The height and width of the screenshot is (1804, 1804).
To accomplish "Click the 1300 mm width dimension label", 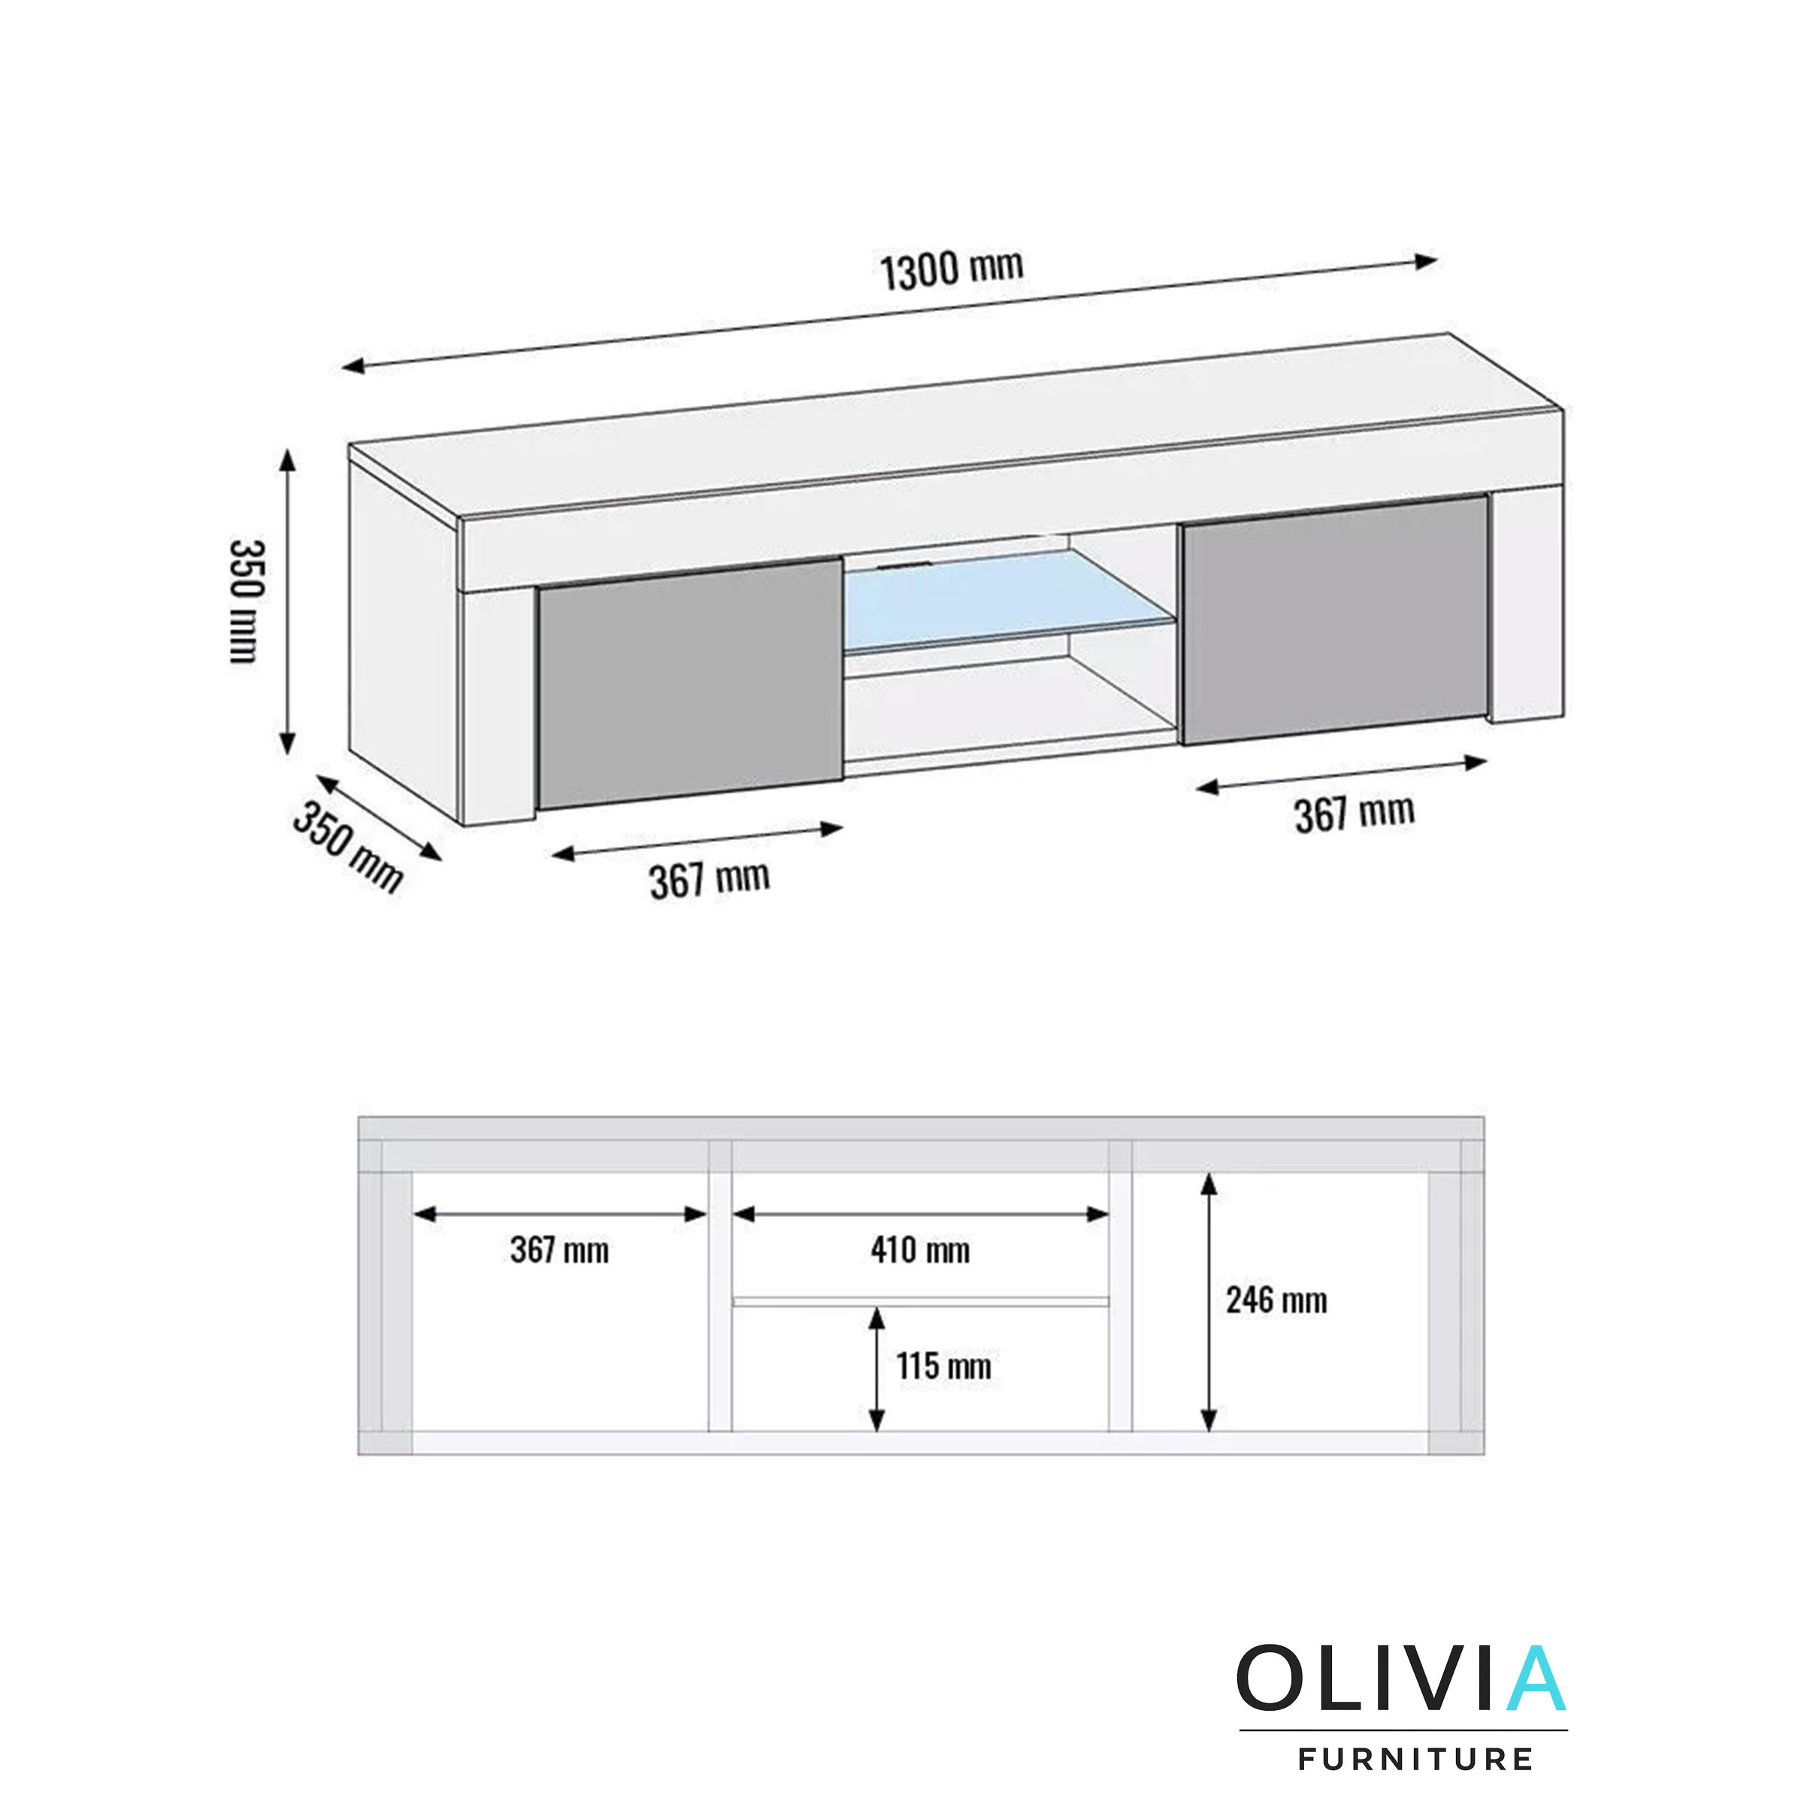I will tap(952, 270).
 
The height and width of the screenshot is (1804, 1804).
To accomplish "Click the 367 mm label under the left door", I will tap(710, 879).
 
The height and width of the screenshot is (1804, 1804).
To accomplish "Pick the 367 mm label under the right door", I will tap(1354, 813).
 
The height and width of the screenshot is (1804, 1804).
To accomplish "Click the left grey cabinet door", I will tap(691, 683).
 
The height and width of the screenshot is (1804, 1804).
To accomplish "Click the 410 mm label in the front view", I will tap(920, 1250).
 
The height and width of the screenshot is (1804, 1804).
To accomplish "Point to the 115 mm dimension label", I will tap(943, 1367).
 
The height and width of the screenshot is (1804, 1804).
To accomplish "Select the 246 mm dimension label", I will tap(1276, 1300).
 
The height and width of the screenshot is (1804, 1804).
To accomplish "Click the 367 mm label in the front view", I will tap(559, 1250).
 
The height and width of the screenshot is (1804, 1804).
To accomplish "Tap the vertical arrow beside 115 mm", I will tap(876, 1369).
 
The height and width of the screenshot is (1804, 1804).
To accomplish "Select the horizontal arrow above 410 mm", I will tap(920, 1214).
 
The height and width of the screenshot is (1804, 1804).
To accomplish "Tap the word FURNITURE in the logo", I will tap(1415, 1759).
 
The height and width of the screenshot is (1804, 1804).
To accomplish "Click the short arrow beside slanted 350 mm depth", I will tap(379, 817).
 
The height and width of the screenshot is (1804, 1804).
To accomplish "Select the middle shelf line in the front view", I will tap(920, 1300).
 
